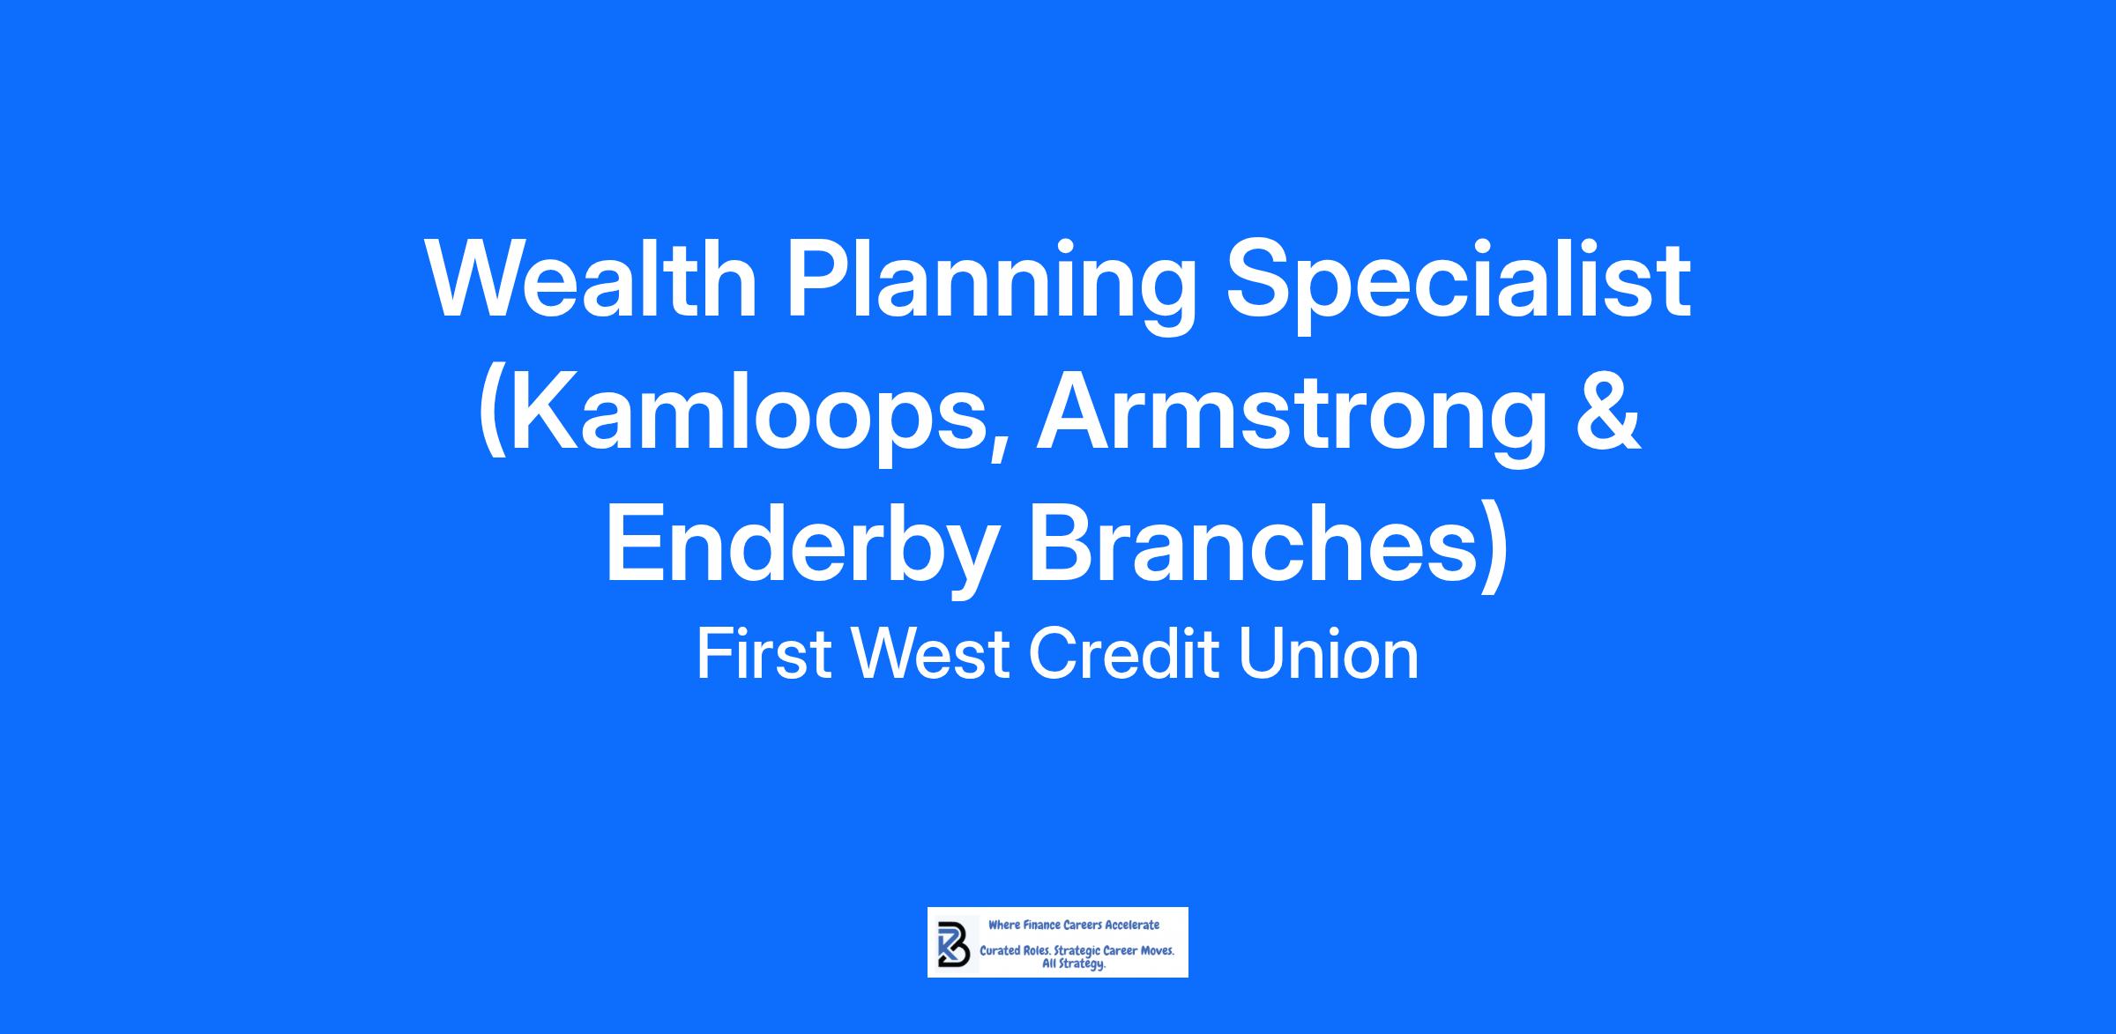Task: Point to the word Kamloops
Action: [746, 420]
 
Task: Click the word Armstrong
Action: [1292, 420]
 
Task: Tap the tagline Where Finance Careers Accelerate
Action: [1074, 925]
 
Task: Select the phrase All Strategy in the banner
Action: [1074, 965]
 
